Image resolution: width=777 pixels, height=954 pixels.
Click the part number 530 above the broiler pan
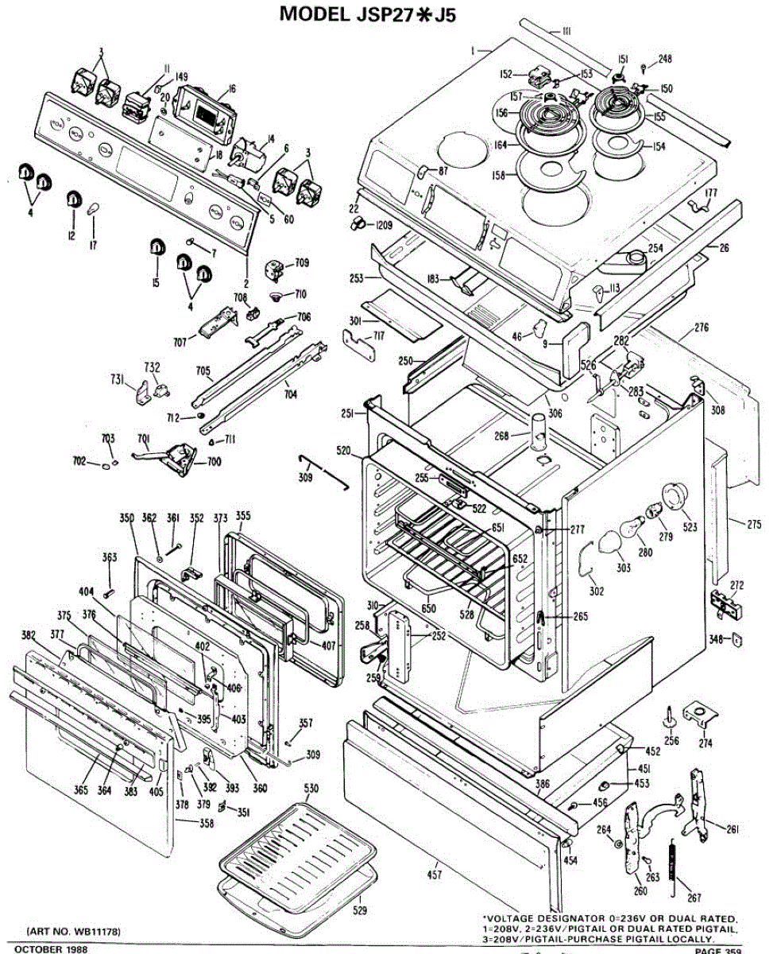(311, 788)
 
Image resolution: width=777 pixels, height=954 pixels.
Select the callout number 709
(302, 262)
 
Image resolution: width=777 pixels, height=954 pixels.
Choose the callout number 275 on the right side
(754, 523)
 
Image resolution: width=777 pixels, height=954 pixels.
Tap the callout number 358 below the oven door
(206, 824)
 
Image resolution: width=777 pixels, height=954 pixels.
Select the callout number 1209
(383, 226)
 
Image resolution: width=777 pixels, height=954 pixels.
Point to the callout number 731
(117, 381)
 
